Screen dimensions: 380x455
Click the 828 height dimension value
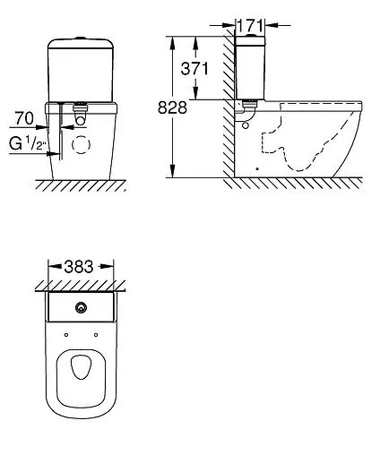[x=172, y=107]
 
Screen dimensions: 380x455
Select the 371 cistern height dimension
[x=194, y=68]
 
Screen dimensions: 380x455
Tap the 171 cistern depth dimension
[x=250, y=25]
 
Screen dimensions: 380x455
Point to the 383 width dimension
[x=79, y=266]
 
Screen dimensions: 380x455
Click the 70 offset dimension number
[x=24, y=118]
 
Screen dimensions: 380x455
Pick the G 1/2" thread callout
[x=28, y=143]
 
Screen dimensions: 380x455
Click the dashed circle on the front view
[x=81, y=144]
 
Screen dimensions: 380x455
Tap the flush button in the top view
[x=81, y=307]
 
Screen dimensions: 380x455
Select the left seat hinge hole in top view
[x=66, y=335]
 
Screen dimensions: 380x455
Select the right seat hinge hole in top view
[x=96, y=335]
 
